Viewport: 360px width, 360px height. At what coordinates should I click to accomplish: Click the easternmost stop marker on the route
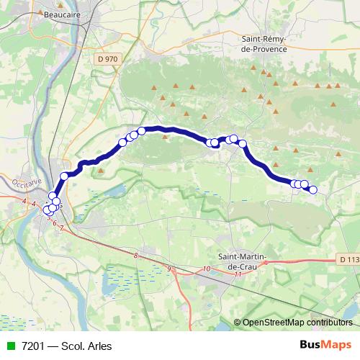[312, 189]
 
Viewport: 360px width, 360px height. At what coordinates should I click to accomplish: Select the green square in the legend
[9, 346]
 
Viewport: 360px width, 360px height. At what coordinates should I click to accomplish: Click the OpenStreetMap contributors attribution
[297, 323]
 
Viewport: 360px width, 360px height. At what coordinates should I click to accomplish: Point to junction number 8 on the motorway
[135, 255]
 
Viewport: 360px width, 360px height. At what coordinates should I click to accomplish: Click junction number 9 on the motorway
[170, 269]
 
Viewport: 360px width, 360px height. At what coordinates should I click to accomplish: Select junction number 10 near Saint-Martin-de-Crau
[207, 269]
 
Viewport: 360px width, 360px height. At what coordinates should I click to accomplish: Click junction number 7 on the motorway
[62, 228]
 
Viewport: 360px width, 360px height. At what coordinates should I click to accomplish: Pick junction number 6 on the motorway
[54, 223]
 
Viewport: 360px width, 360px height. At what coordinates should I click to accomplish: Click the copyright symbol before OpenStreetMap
[238, 323]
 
